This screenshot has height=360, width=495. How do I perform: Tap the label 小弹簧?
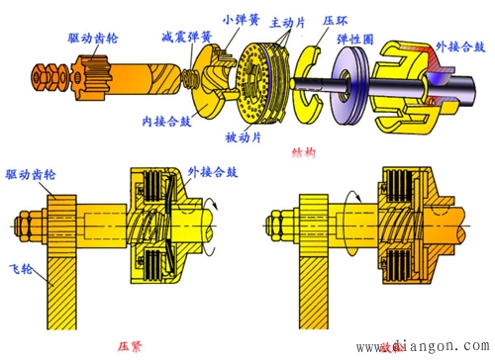[244, 17]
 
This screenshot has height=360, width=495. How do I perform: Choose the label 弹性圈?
[359, 38]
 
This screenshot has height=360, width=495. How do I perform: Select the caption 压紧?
[131, 346]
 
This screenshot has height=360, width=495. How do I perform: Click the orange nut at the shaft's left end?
[45, 75]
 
